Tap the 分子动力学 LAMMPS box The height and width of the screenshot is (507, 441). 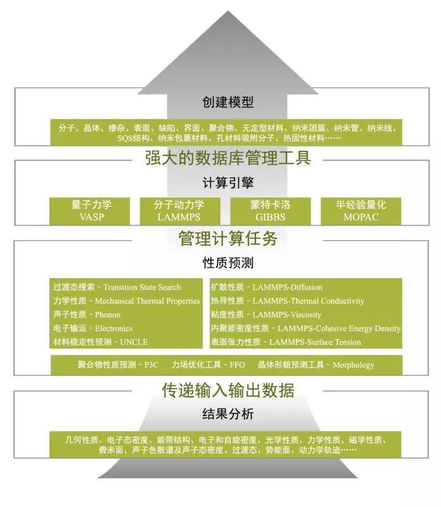179,210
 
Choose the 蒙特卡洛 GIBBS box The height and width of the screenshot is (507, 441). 271,210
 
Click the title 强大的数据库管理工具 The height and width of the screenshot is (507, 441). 227,157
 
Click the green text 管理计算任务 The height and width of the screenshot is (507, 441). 227,239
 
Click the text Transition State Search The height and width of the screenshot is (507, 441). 142,287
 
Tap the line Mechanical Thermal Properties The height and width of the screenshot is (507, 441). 147,301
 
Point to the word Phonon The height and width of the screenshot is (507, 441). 107,314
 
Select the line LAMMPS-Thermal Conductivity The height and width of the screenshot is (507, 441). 309,301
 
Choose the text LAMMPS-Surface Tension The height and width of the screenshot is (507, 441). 315,342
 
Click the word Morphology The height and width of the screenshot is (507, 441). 353,364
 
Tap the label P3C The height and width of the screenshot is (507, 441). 153,364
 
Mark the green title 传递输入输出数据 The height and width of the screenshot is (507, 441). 227,389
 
